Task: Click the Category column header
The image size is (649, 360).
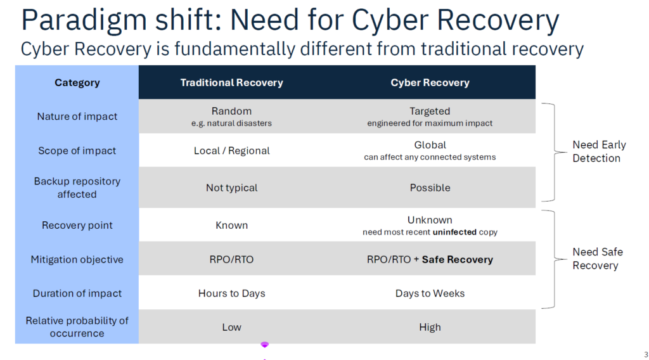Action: (77, 83)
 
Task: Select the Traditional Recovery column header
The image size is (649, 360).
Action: (231, 83)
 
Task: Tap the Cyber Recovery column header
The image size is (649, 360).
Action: (430, 83)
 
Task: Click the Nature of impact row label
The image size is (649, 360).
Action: (77, 117)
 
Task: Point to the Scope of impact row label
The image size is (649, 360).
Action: (77, 151)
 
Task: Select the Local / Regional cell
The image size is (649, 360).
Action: (231, 151)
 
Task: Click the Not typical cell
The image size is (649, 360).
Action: (231, 188)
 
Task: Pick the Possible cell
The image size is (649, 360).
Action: (430, 188)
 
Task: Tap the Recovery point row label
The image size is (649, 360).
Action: (77, 225)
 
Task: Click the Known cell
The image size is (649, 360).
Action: (231, 225)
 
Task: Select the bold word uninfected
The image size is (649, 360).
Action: (454, 232)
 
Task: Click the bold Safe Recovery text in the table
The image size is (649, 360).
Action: (458, 259)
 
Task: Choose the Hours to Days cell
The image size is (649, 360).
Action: (231, 293)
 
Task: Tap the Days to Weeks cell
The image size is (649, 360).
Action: (430, 293)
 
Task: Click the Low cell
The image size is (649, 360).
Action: (231, 327)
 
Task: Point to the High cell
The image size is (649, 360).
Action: (430, 327)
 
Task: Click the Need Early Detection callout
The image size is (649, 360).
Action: (599, 151)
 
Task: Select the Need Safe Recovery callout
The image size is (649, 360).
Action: (597, 259)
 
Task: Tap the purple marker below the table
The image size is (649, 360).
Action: (264, 345)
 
